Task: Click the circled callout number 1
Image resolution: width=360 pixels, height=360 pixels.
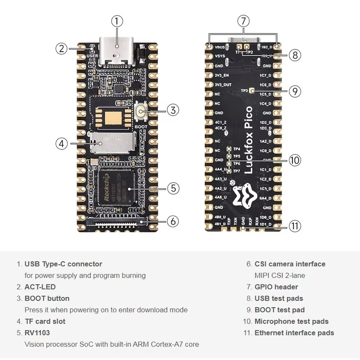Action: point(117,21)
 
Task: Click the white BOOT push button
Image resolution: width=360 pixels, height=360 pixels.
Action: point(141,110)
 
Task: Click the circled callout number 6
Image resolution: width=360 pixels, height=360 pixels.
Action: point(174,221)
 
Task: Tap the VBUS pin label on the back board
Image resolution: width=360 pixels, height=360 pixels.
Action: point(220,47)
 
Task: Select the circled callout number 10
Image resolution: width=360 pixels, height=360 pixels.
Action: point(295,160)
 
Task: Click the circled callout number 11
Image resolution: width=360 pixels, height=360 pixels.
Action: point(294,226)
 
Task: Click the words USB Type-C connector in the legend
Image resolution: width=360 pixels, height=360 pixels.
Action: point(63,264)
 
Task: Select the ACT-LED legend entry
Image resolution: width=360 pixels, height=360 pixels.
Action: point(40,287)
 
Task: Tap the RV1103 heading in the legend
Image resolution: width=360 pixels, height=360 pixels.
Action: point(37,333)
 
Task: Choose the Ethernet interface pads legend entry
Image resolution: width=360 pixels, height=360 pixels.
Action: point(294,333)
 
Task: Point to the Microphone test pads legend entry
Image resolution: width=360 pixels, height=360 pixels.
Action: point(291,321)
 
